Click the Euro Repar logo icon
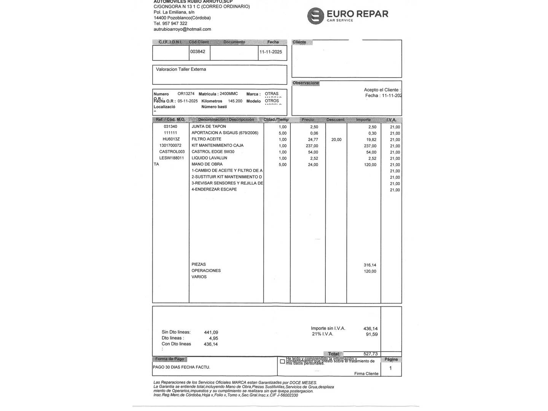point(315,16)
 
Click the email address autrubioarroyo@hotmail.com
point(182,29)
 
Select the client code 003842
point(198,52)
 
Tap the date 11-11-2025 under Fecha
point(271,52)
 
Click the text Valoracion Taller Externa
point(181,70)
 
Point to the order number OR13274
point(186,94)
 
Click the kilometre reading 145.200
point(235,101)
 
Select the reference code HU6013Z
point(171,139)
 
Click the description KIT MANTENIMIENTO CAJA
point(217,145)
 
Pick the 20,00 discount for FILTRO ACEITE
point(336,140)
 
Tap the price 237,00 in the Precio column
point(312,146)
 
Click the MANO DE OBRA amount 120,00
point(370,165)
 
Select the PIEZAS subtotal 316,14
point(370,265)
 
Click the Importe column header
point(363,120)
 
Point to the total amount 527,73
point(370,354)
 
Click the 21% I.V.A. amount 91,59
point(371,335)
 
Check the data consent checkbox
point(282,362)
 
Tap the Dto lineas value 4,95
point(213,338)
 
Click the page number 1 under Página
point(390,368)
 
